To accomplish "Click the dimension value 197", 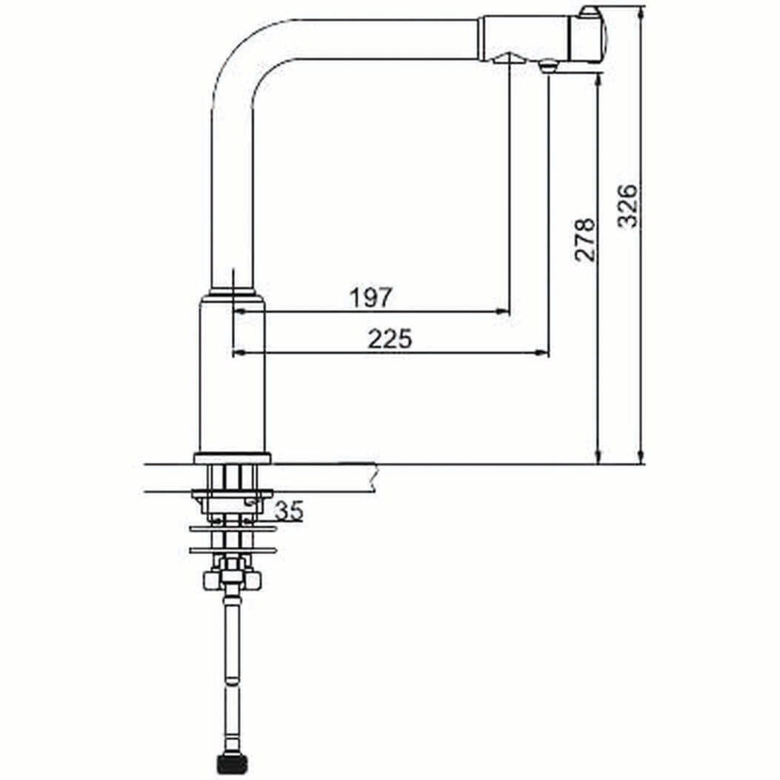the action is pos(371,298).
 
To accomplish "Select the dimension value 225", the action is pos(390,339).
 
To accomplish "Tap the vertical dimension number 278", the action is pos(585,240).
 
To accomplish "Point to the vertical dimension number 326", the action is pos(627,206).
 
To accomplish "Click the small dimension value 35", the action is pos(289,511).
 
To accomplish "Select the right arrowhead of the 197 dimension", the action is pos(503,312).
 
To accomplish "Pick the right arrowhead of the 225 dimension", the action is pos(542,353).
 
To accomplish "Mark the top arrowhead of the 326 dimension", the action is pos(641,13).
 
